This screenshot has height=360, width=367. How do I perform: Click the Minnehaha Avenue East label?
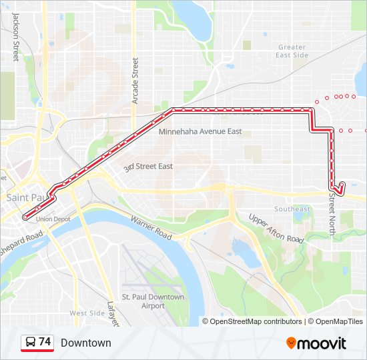(x=200, y=131)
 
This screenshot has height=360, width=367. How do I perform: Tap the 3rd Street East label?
(x=148, y=166)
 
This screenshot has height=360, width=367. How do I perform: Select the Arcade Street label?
(x=135, y=80)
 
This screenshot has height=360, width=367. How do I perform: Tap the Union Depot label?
(x=53, y=219)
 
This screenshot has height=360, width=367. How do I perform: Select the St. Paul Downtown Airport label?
(x=153, y=301)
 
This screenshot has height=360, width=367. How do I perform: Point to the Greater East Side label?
(x=292, y=51)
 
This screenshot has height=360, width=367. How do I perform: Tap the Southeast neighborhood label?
(x=292, y=209)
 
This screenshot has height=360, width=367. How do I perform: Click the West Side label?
(x=87, y=313)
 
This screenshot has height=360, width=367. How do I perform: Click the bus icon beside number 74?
(x=30, y=343)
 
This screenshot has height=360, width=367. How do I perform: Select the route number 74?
(x=45, y=342)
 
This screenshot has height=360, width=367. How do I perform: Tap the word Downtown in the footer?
(x=85, y=343)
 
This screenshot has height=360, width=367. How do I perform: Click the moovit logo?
(x=316, y=343)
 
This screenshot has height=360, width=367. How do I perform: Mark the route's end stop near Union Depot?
(x=25, y=217)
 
